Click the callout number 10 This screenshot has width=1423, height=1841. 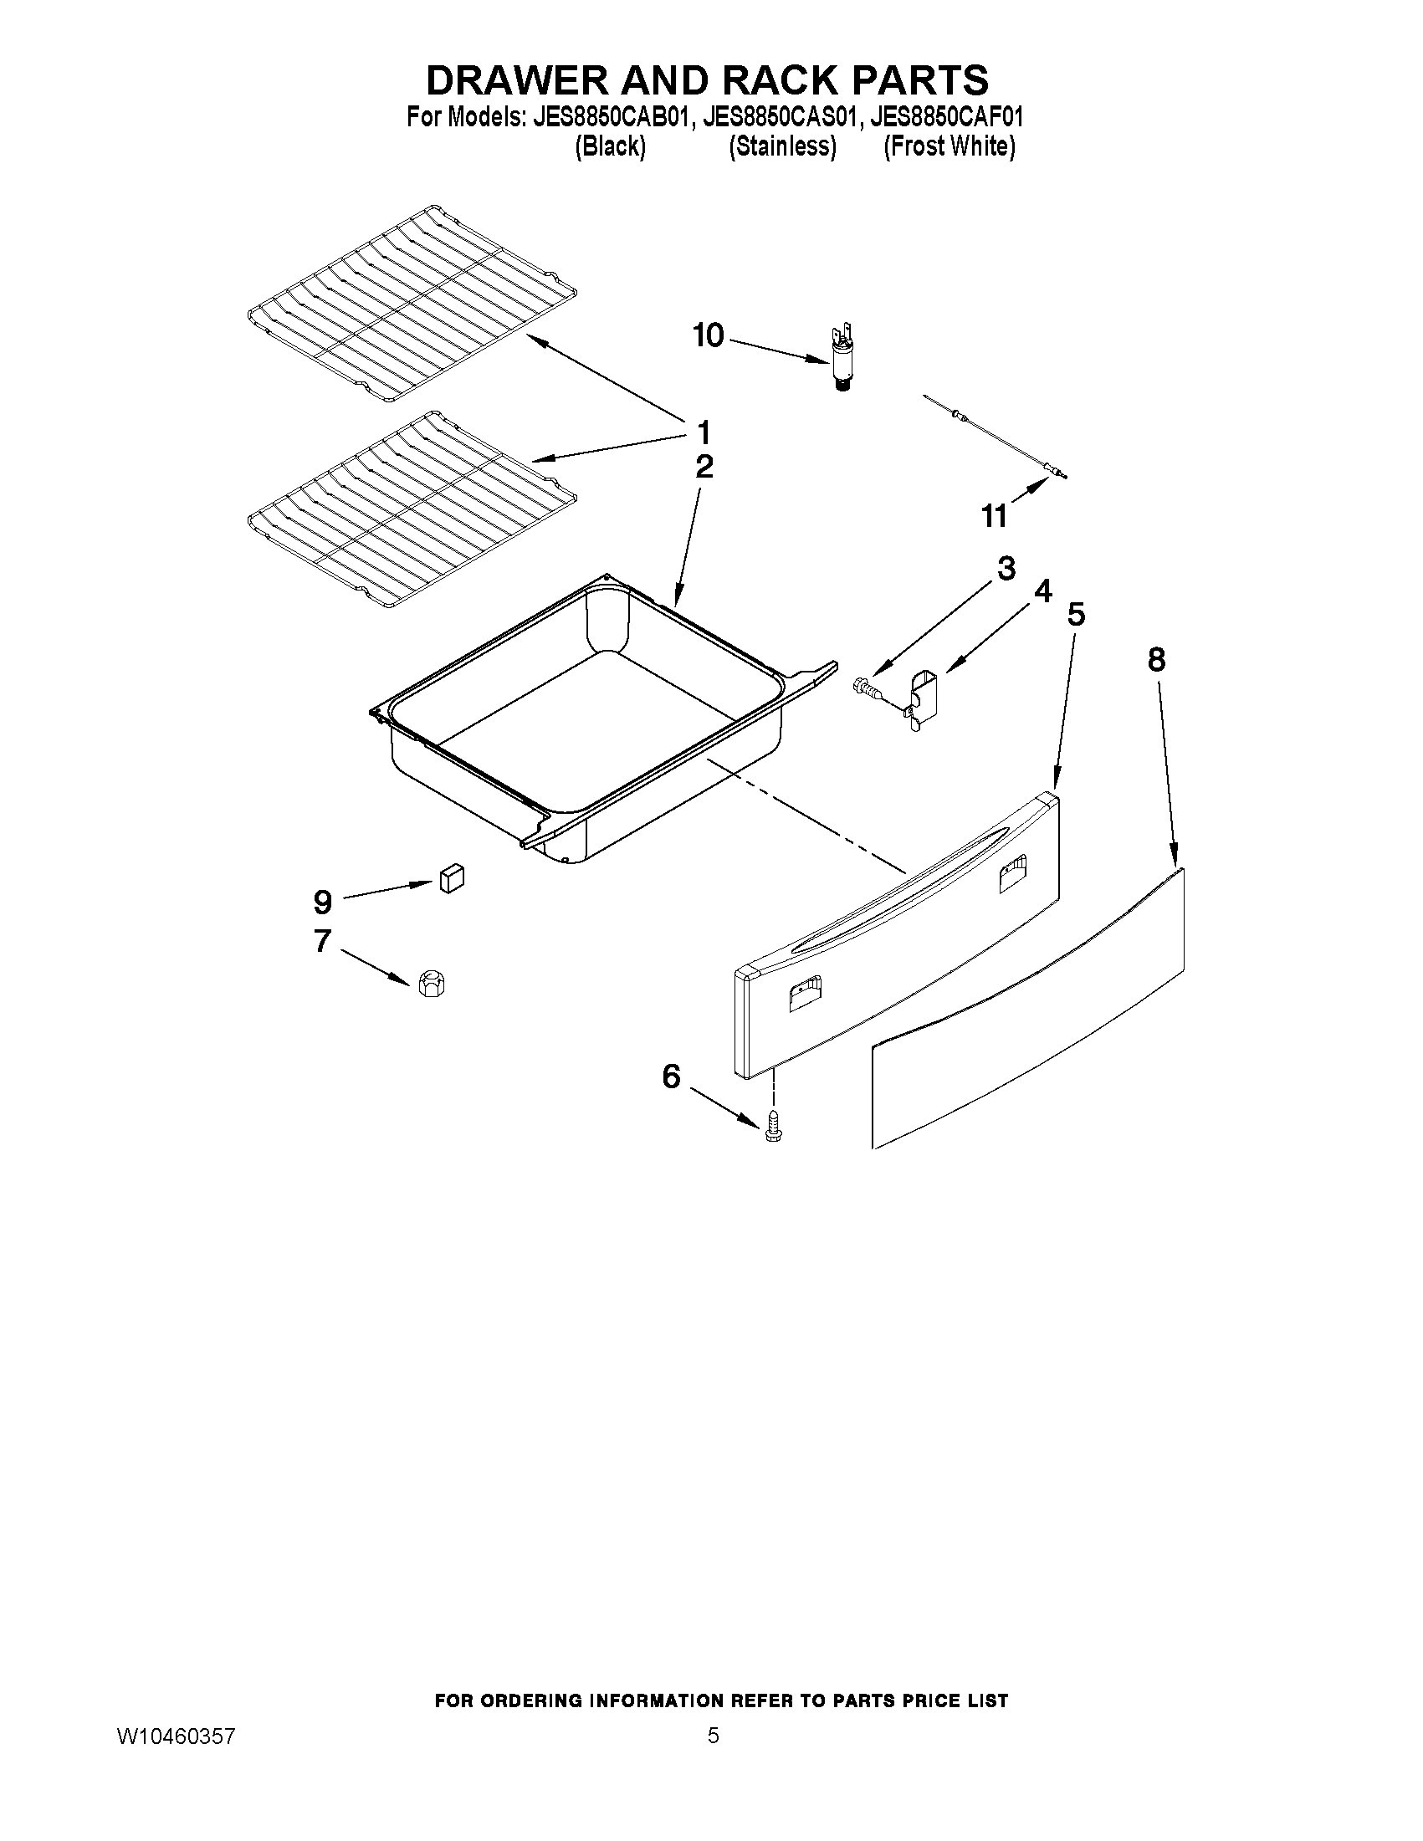click(x=707, y=336)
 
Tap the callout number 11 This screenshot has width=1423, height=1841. click(x=994, y=516)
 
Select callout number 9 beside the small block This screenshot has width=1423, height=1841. click(x=322, y=903)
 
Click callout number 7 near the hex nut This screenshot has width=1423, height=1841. click(x=322, y=940)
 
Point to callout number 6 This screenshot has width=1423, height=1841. click(x=670, y=1076)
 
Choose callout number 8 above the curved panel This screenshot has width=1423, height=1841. click(x=1156, y=659)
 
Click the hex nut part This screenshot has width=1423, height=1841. click(x=431, y=983)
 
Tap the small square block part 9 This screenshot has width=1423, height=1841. click(x=451, y=878)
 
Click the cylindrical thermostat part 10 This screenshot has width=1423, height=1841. click(x=839, y=357)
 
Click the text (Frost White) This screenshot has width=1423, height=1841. click(x=950, y=146)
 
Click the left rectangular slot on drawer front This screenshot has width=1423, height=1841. click(x=804, y=994)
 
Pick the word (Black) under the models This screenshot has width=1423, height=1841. click(x=611, y=146)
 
